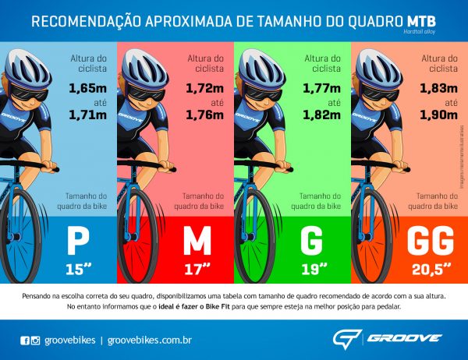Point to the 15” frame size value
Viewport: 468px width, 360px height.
coord(78,270)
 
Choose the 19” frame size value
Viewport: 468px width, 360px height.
coord(313,270)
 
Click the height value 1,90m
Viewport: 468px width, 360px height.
coord(438,116)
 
